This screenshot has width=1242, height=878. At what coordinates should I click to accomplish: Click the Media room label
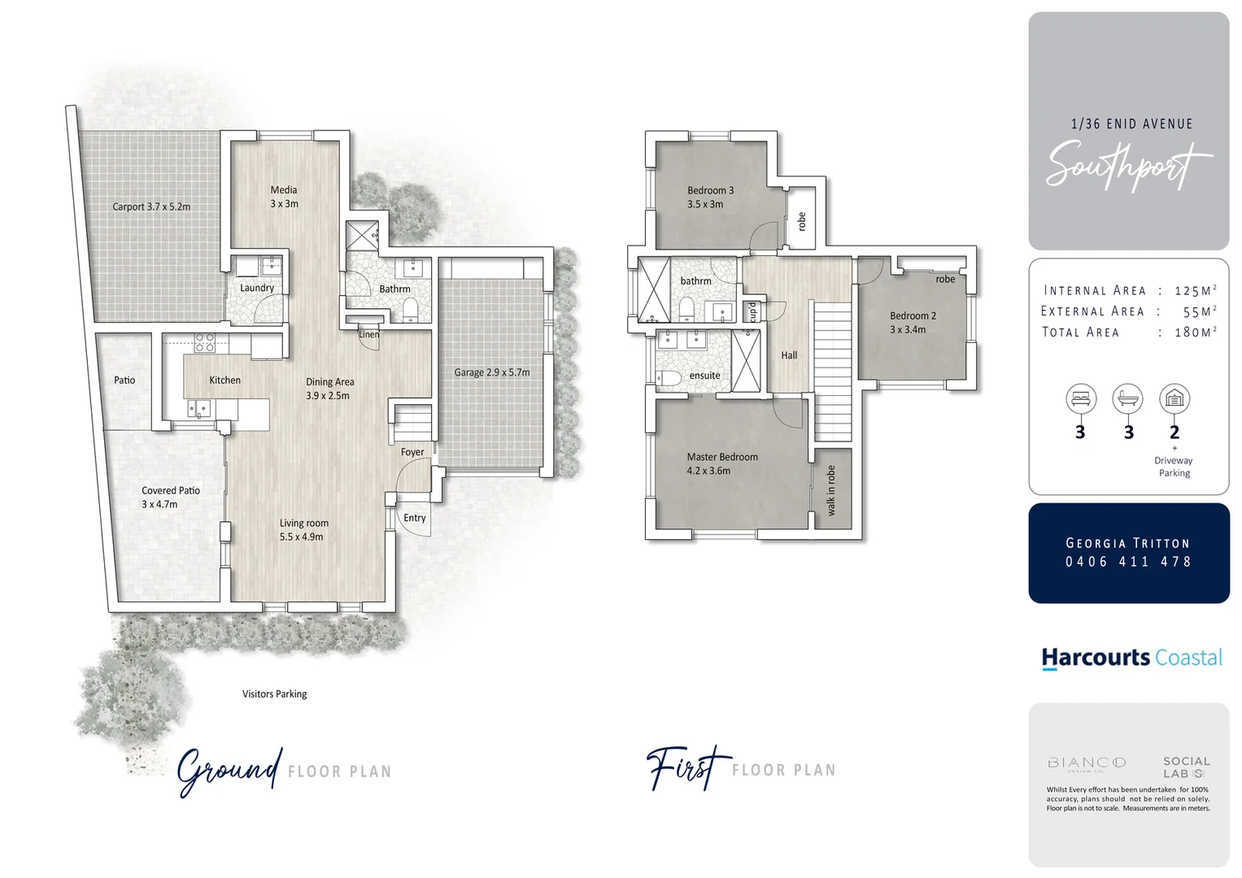(284, 189)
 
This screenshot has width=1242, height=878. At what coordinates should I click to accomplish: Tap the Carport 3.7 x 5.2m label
(151, 206)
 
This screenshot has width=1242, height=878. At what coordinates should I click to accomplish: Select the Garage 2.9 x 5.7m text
(491, 372)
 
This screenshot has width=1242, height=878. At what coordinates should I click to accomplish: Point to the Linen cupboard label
(369, 334)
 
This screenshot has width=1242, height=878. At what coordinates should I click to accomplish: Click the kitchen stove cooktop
(204, 342)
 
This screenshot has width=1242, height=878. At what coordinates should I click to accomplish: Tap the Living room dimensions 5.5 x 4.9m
(302, 537)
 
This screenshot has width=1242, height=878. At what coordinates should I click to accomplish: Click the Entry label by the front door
(414, 518)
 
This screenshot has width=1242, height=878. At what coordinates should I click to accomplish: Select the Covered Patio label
(171, 490)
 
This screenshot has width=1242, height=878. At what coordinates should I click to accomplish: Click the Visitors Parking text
(274, 693)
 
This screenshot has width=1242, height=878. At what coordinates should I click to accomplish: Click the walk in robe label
(830, 490)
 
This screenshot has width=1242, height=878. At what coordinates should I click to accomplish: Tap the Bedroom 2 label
(913, 315)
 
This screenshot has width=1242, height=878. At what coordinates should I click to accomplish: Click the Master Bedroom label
(722, 457)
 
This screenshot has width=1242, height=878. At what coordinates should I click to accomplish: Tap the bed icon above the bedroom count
(1081, 399)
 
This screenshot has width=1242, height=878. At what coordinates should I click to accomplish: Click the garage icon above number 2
(1174, 399)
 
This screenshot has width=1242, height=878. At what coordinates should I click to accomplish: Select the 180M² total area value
(1196, 332)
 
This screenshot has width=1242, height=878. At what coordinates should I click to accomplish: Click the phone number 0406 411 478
(1128, 562)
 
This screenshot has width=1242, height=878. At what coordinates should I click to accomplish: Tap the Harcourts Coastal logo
(1131, 658)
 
